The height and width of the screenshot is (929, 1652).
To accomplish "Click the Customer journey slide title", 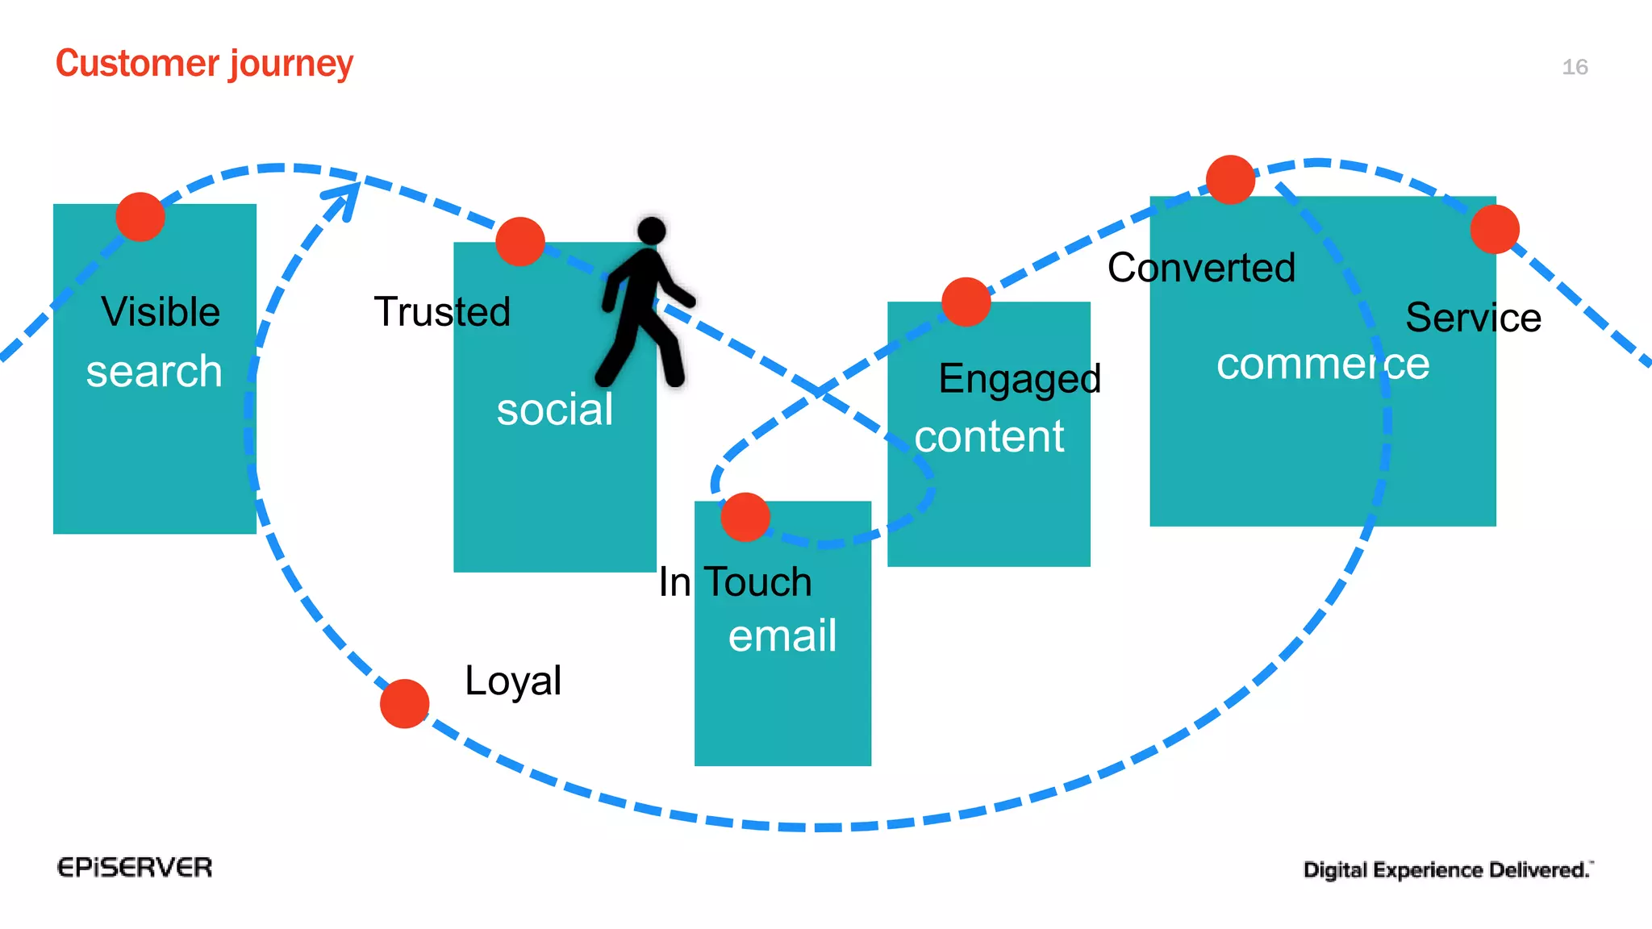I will tap(204, 64).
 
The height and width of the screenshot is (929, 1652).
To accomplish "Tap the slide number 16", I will tap(1575, 67).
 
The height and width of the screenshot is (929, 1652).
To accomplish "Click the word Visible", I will tap(161, 312).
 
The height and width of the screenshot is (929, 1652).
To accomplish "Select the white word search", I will tap(154, 372).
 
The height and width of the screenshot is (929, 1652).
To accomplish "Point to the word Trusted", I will tap(442, 312).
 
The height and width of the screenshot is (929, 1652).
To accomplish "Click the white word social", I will tap(555, 410).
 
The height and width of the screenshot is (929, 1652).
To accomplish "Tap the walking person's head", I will tap(652, 231).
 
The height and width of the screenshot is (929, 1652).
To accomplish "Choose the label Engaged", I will tap(1020, 379).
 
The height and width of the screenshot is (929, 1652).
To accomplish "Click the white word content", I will tap(989, 437).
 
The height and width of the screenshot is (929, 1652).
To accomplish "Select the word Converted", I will tap(1201, 268).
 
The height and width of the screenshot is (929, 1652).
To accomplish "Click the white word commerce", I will tap(1323, 365).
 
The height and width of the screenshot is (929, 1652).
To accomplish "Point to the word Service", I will tap(1473, 318).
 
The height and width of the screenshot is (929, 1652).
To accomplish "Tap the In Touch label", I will tap(735, 582).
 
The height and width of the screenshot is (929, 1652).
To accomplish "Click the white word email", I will tap(782, 636).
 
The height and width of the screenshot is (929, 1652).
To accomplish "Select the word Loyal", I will tap(513, 681).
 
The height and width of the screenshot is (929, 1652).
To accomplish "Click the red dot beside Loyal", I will tap(404, 704).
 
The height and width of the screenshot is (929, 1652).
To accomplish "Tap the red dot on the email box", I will tap(745, 517).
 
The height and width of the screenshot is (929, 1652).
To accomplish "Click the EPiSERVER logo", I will tap(135, 868).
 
